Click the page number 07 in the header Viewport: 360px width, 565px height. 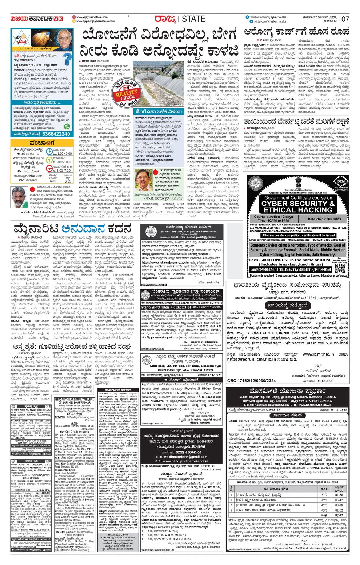pos(345,19)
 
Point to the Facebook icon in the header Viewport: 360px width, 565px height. pos(247,17)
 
